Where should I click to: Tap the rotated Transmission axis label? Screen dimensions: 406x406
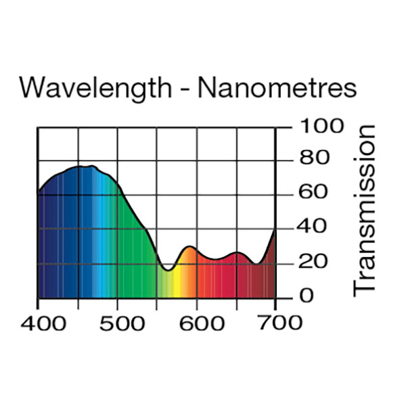tap(365, 210)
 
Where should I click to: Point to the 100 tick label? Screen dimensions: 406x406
tap(313, 127)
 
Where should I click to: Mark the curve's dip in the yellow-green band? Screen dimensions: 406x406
tap(169, 269)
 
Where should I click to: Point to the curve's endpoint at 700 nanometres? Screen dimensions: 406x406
tap(275, 230)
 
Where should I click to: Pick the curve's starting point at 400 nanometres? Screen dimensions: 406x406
tap(38, 193)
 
